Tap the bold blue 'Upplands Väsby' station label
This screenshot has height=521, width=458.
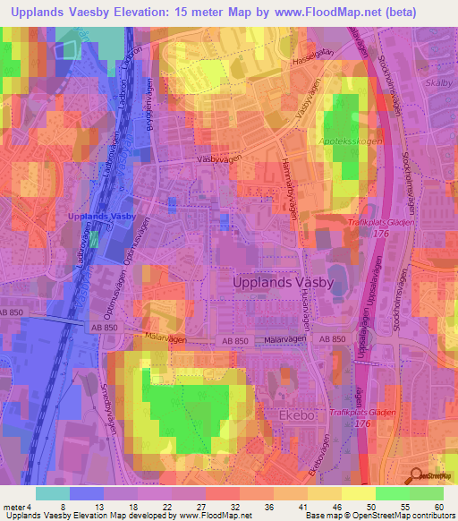102,218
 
